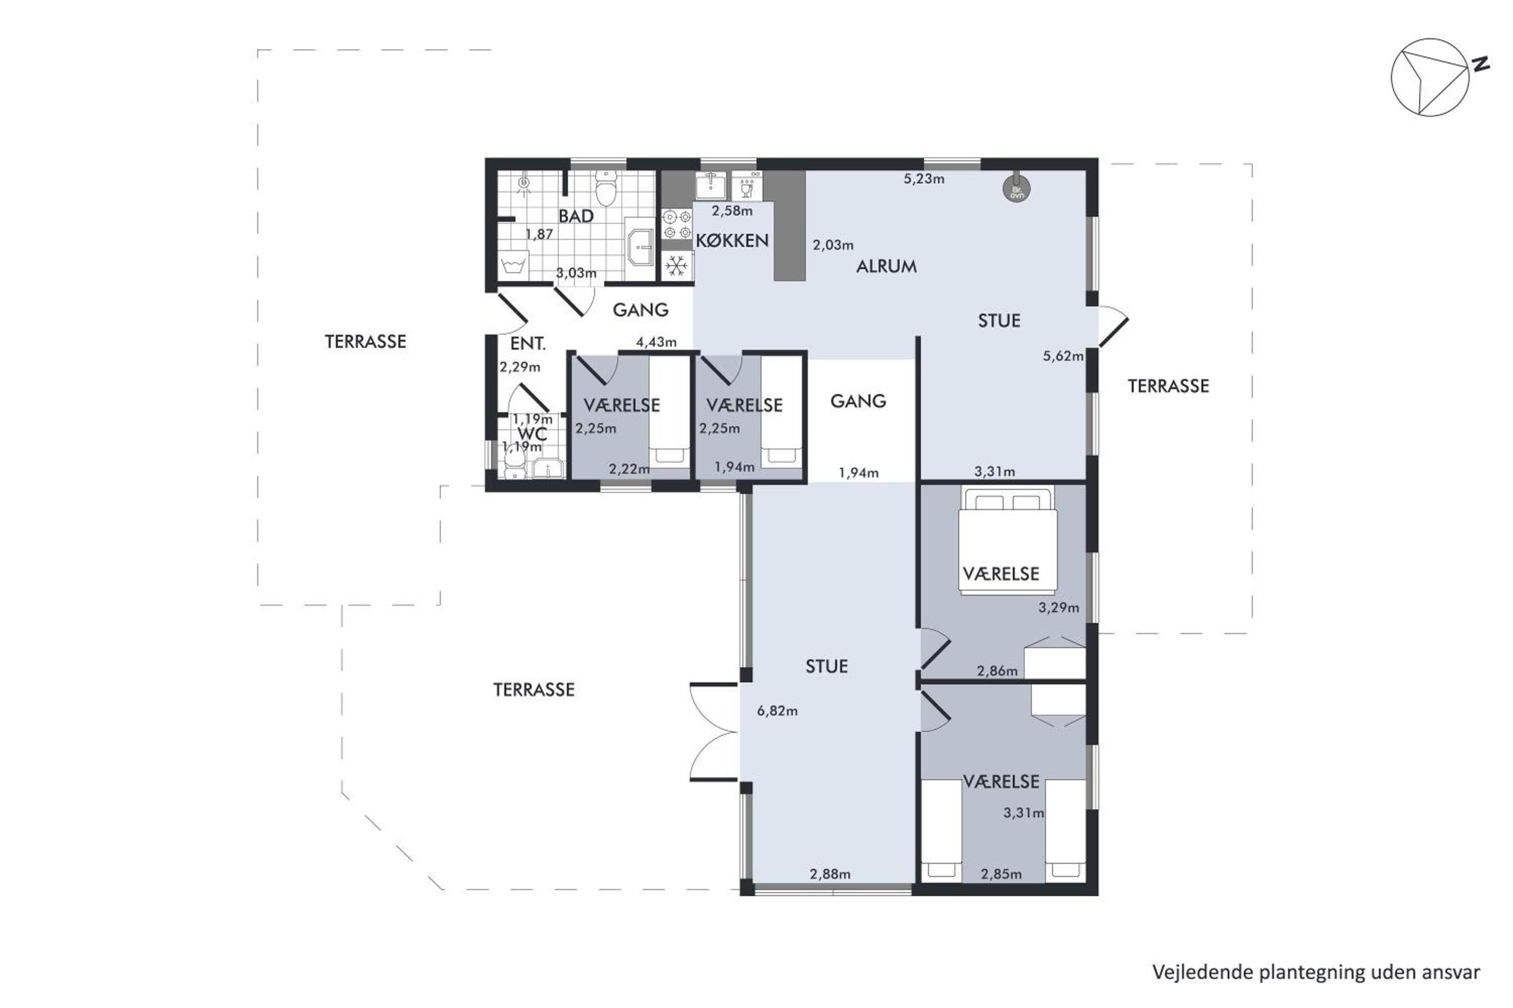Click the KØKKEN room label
pyautogui.click(x=732, y=240)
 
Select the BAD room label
pyautogui.click(x=576, y=216)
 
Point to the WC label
pyautogui.click(x=532, y=433)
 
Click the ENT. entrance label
pyautogui.click(x=528, y=343)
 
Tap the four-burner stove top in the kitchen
pyautogui.click(x=677, y=224)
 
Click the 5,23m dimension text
pyautogui.click(x=924, y=179)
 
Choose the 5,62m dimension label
pyautogui.click(x=1063, y=355)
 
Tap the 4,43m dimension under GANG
pyautogui.click(x=656, y=342)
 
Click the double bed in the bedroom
pyautogui.click(x=1007, y=540)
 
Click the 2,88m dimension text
pyautogui.click(x=830, y=873)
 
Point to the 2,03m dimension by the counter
pyautogui.click(x=833, y=245)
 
